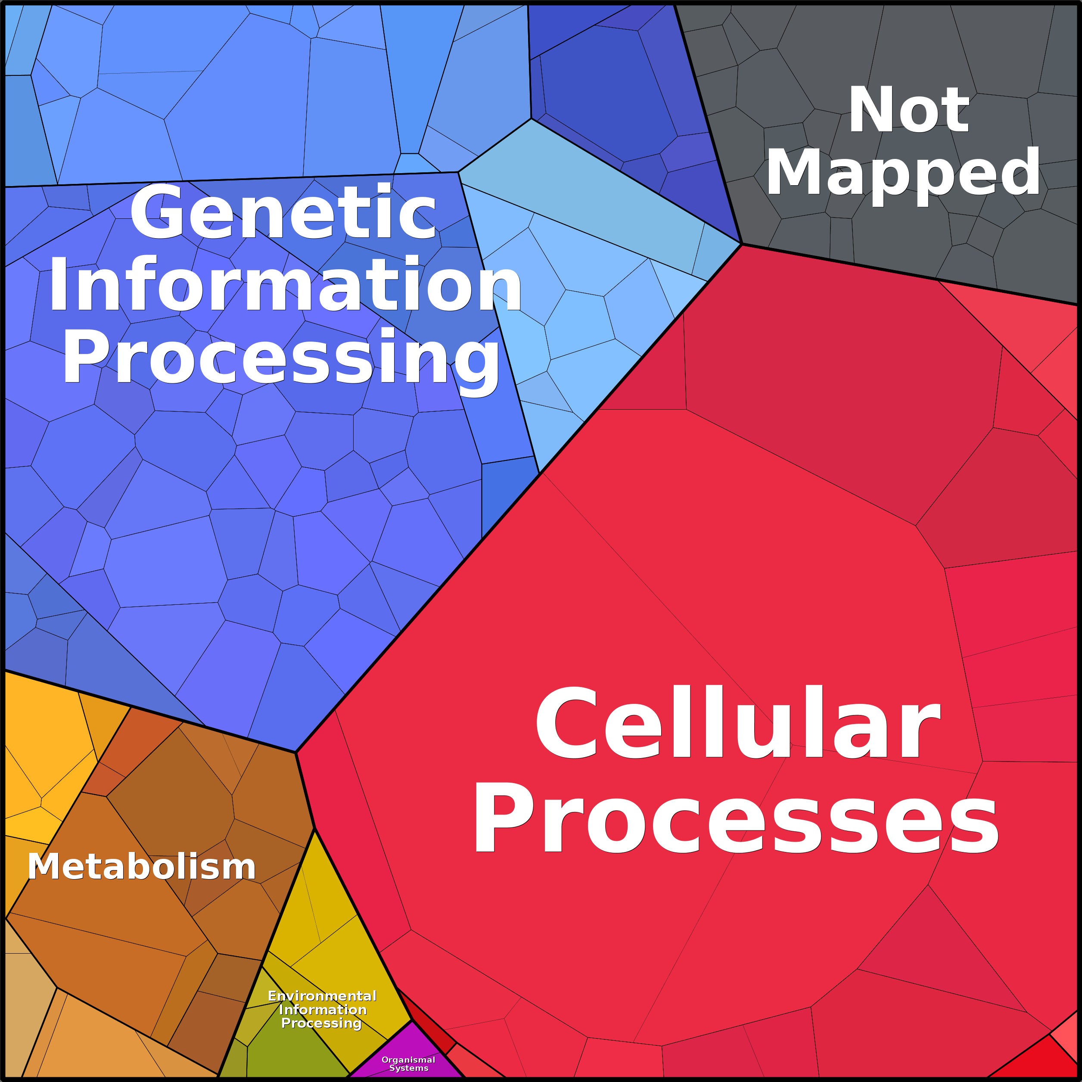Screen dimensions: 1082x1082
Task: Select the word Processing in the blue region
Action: click(280, 356)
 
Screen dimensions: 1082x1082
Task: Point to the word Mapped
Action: click(903, 172)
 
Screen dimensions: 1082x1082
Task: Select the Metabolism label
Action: click(142, 866)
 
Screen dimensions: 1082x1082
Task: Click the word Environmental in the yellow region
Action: click(322, 996)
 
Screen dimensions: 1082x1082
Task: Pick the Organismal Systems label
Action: click(408, 1063)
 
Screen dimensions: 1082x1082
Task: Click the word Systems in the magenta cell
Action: click(409, 1068)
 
